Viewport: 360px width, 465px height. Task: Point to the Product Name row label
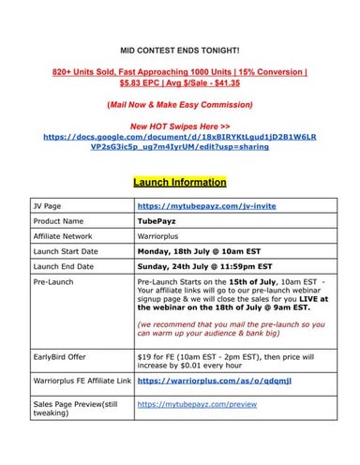[x=59, y=221]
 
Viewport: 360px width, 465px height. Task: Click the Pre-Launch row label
[x=53, y=282]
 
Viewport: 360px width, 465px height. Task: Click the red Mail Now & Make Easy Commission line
[x=180, y=103]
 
